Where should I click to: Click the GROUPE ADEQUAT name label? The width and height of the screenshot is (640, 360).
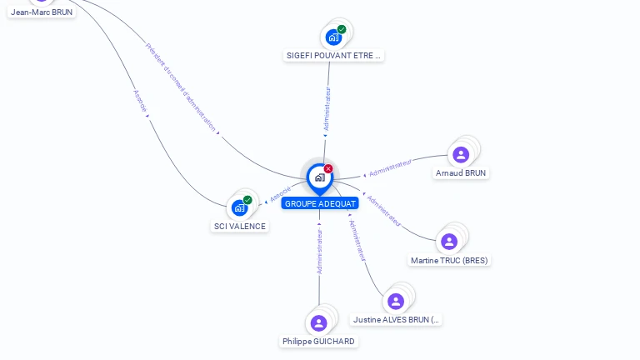(x=320, y=203)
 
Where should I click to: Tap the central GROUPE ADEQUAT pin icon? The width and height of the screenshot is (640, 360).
(x=319, y=177)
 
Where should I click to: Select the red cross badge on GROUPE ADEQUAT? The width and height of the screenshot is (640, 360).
(x=328, y=169)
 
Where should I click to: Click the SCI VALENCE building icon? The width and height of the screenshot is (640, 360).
(x=240, y=207)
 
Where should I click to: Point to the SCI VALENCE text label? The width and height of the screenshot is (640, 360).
(x=240, y=226)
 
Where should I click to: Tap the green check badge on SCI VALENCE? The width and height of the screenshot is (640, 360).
(x=247, y=200)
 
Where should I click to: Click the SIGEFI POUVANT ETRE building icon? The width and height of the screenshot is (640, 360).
(x=333, y=37)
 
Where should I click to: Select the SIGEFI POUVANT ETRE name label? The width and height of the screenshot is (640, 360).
(x=333, y=56)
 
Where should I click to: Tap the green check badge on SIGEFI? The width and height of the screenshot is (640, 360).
(x=342, y=29)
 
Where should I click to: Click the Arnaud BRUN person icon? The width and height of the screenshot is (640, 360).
(x=461, y=154)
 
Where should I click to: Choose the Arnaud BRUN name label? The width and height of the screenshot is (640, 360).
(x=461, y=173)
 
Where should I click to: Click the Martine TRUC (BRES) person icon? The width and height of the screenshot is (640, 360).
(x=449, y=242)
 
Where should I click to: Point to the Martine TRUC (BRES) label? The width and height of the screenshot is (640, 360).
(x=449, y=260)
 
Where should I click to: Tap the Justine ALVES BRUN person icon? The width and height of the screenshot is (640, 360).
(x=396, y=301)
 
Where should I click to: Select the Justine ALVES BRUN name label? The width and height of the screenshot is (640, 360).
(x=397, y=319)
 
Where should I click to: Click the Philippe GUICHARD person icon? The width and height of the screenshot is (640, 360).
(x=318, y=323)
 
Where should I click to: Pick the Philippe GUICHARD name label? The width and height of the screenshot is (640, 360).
(x=318, y=342)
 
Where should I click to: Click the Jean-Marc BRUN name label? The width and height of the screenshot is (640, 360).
(x=42, y=12)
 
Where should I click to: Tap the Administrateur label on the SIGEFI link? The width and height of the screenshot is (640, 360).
(x=327, y=108)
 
